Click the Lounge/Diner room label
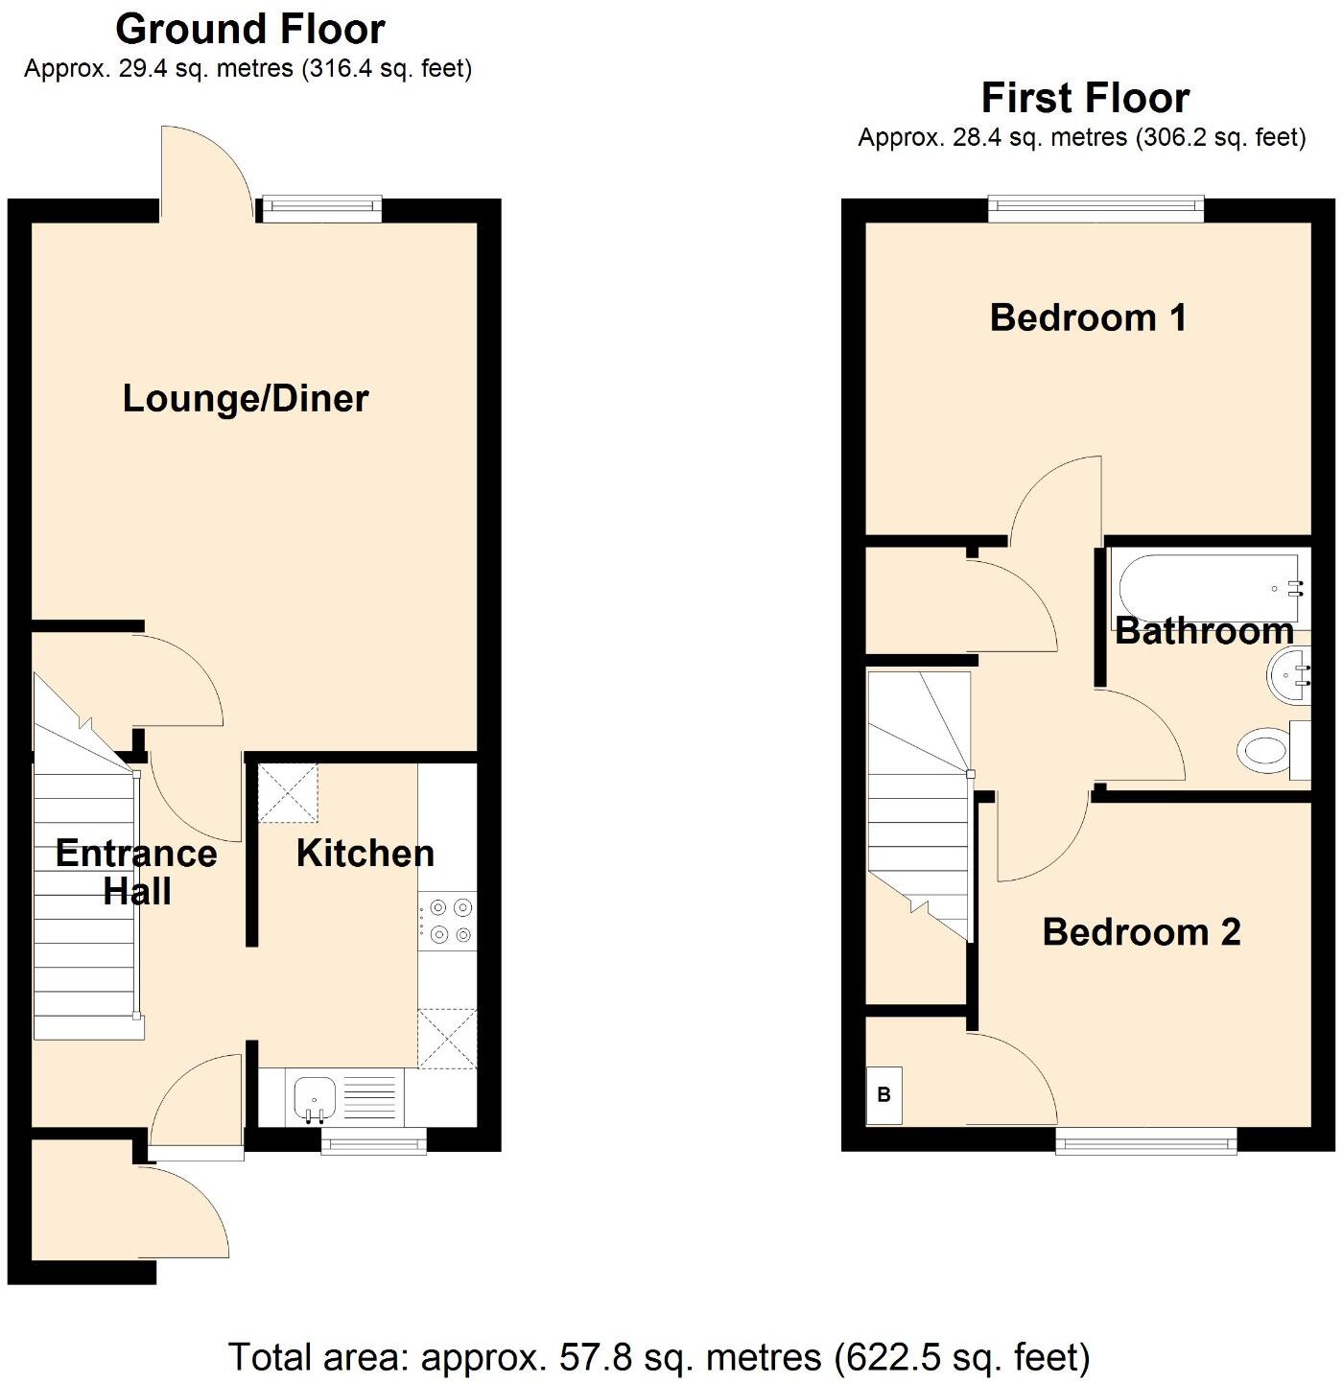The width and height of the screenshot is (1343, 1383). point(246,399)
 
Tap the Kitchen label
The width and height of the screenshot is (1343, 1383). point(365,853)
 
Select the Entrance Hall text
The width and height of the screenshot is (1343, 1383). point(136,872)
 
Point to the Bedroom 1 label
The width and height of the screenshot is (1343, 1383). point(1088,317)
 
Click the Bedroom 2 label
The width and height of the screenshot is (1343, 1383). point(1142,931)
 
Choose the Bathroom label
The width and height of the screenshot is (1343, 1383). point(1204,631)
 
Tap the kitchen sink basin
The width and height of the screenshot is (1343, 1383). point(314,1096)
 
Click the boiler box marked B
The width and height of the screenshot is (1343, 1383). point(884,1094)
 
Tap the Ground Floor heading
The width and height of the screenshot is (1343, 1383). point(250,30)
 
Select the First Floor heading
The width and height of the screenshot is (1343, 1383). point(1085,98)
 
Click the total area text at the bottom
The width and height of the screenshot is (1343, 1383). point(659,1357)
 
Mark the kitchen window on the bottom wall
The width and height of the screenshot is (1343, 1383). point(373,1140)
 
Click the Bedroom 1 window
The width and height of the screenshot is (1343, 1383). point(1096,207)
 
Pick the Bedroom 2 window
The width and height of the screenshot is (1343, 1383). point(1146,1139)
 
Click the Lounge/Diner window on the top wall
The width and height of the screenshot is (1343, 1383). point(320,208)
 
